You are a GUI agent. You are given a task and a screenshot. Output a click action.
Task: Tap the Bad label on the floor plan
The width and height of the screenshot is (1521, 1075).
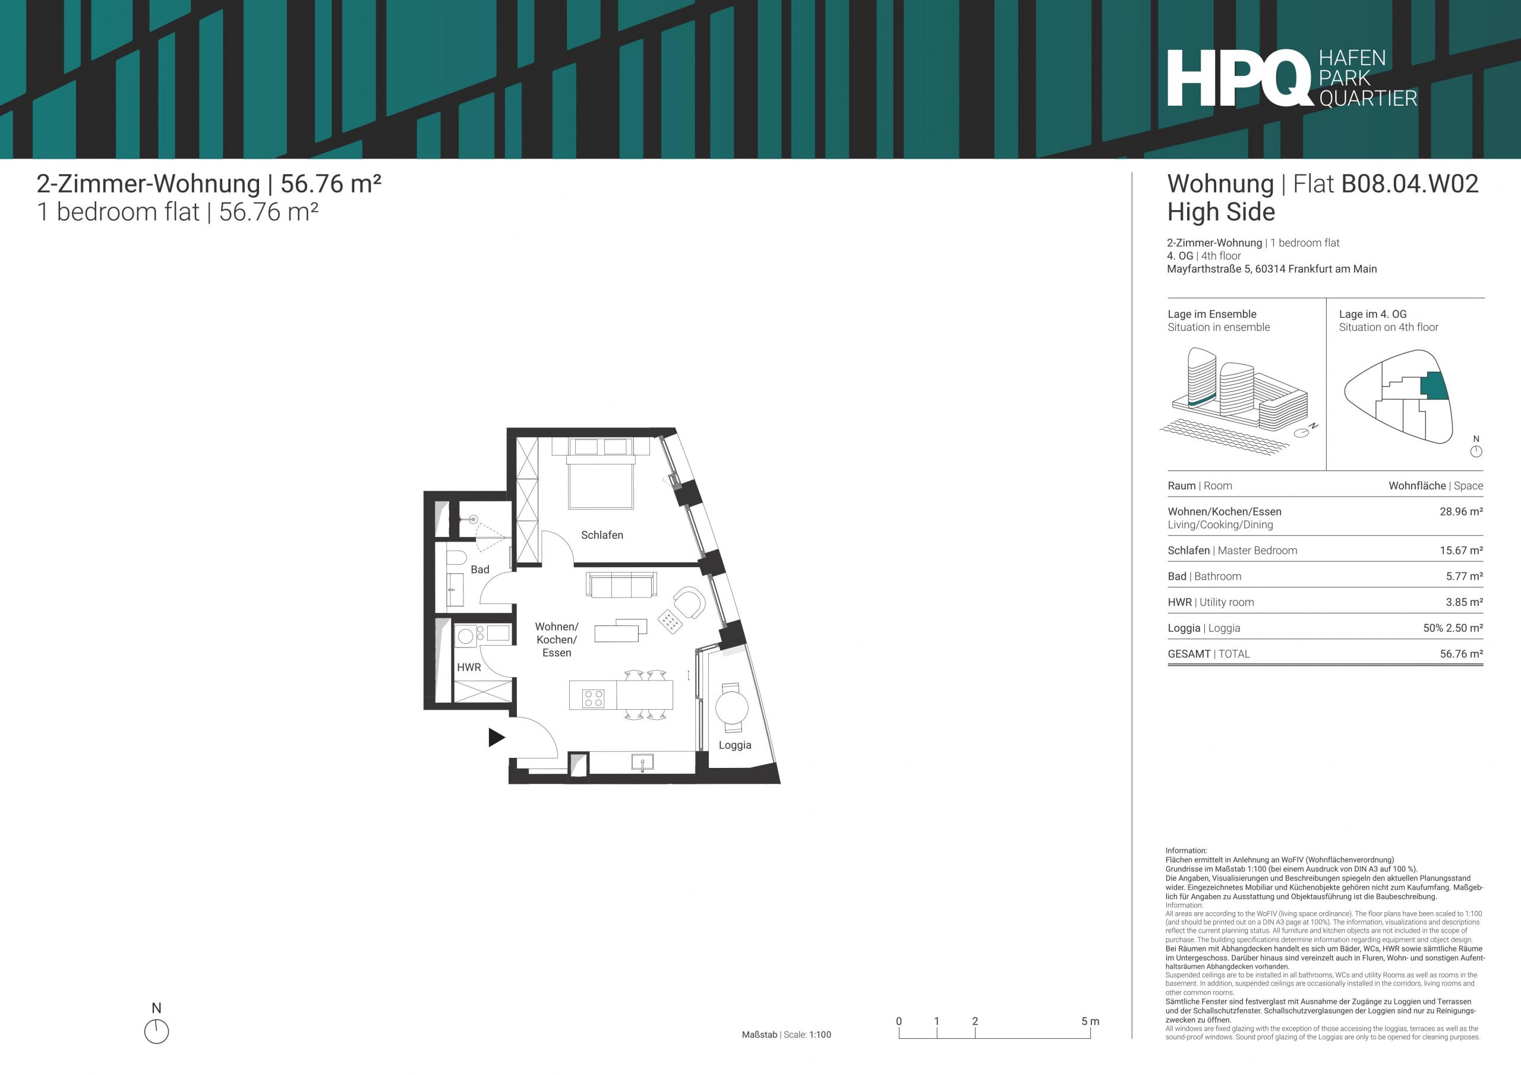479,570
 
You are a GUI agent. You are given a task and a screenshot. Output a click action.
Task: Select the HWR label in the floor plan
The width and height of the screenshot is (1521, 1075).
468,668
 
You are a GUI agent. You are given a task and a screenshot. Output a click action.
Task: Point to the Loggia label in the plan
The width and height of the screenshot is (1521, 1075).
735,745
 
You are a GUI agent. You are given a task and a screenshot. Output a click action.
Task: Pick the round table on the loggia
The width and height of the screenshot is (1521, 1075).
732,707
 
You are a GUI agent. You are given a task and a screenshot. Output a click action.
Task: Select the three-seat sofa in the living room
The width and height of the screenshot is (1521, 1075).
621,584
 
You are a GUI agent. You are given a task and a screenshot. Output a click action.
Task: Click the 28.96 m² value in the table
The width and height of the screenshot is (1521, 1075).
1461,511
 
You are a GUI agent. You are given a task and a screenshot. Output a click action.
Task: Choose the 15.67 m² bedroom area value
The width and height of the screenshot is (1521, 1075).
1461,551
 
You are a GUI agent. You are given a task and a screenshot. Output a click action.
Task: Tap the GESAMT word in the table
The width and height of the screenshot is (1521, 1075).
1188,654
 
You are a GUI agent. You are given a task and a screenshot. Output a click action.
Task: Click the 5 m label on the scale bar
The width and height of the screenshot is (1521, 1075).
1090,1022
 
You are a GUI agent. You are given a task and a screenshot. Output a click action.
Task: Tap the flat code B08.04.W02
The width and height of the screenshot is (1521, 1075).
1410,184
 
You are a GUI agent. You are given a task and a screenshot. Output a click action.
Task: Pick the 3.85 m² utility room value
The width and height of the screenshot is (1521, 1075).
1464,602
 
